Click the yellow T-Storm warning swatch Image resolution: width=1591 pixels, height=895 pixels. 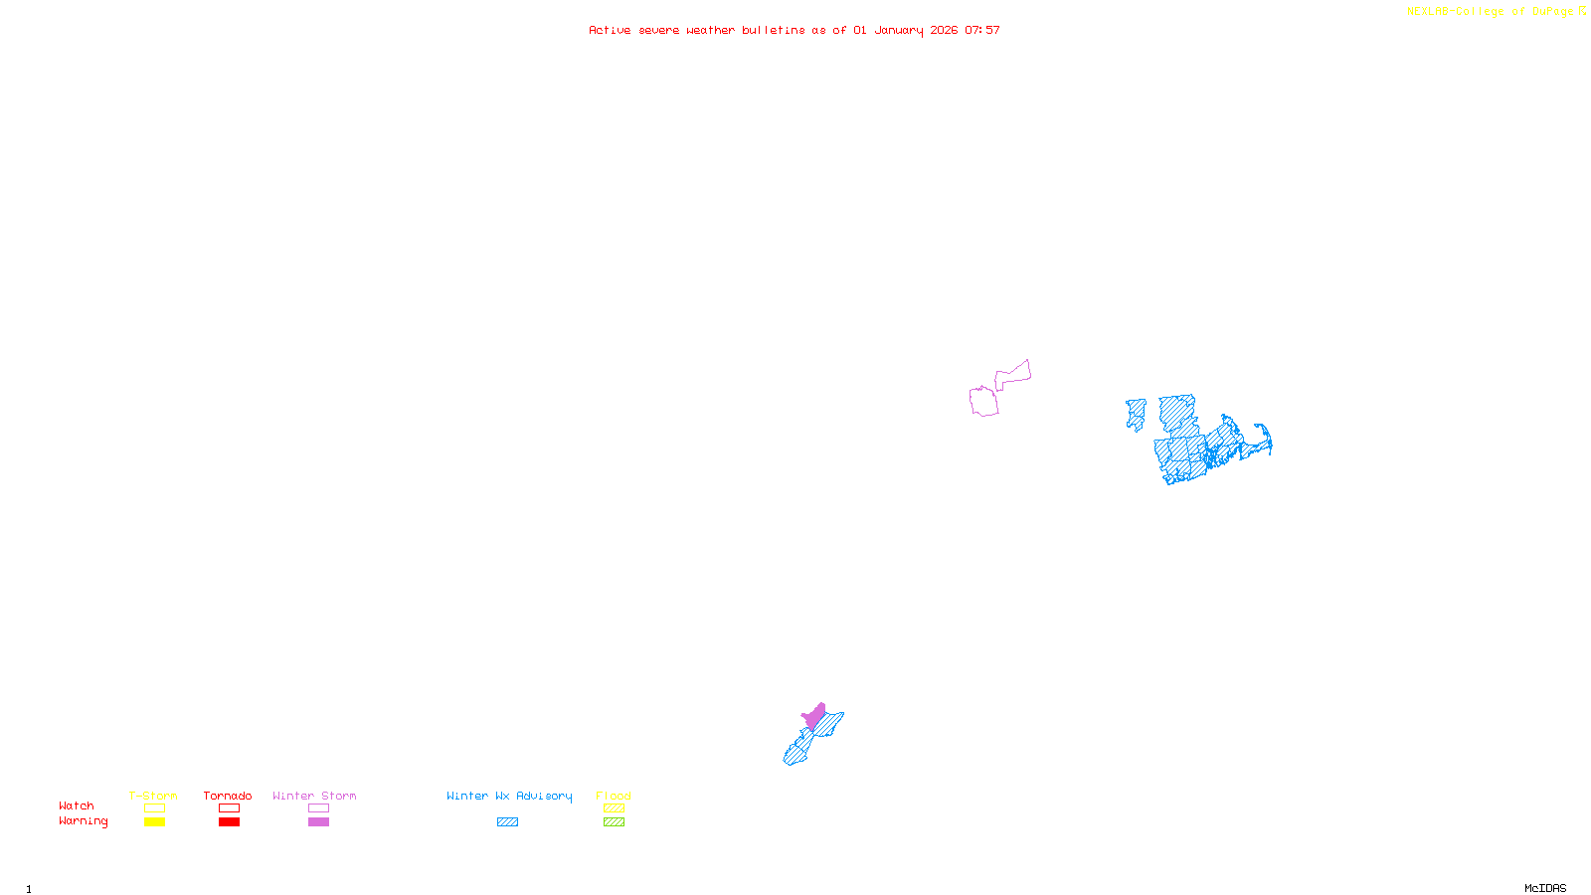[x=154, y=822]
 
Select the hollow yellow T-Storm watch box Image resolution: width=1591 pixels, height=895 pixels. [x=154, y=808]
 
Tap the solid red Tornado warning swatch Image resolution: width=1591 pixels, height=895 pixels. [x=229, y=822]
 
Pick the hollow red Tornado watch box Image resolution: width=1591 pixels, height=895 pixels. [x=229, y=808]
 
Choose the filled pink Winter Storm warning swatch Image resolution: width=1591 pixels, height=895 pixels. [x=318, y=822]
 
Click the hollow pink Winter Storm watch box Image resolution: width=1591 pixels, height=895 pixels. [x=318, y=808]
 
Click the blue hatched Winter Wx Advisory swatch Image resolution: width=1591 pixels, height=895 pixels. [x=507, y=822]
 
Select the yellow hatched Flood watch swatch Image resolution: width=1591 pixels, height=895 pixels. [x=614, y=808]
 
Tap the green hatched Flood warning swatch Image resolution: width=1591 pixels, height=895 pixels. [x=614, y=822]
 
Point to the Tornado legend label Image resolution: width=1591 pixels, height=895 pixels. [x=228, y=796]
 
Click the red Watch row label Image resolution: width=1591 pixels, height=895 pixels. [x=77, y=806]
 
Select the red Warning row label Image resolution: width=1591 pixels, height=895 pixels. [x=83, y=821]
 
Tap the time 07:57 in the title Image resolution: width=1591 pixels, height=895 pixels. [x=982, y=30]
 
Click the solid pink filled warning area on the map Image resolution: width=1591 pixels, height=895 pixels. [x=815, y=716]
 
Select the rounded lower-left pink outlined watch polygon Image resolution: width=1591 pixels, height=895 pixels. [x=983, y=402]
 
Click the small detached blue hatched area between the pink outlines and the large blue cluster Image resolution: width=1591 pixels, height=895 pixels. [x=1136, y=414]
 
